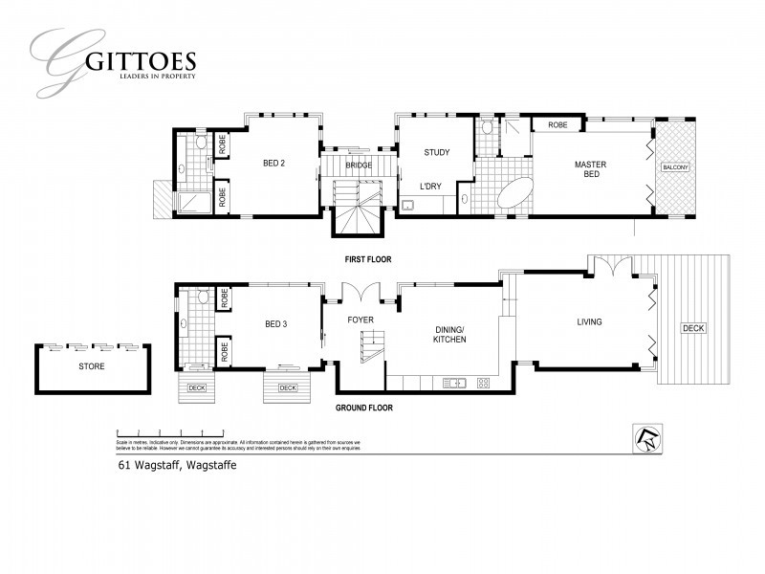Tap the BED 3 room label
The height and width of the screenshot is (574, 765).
(275, 324)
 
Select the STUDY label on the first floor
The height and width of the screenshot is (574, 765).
(437, 152)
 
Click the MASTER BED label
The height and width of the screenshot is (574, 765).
(590, 170)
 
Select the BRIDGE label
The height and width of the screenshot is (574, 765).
(359, 166)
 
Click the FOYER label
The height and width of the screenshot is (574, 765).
(361, 320)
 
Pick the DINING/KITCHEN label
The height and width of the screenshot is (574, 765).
(448, 334)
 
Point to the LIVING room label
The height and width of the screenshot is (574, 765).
(589, 321)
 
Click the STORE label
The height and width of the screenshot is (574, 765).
(92, 366)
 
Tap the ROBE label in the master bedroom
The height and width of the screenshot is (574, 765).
(557, 125)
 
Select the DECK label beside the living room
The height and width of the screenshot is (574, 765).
(692, 328)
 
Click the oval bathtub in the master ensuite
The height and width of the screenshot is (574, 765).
(514, 193)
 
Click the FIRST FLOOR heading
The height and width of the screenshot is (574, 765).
(368, 259)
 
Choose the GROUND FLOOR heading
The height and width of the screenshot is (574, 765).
(363, 408)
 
